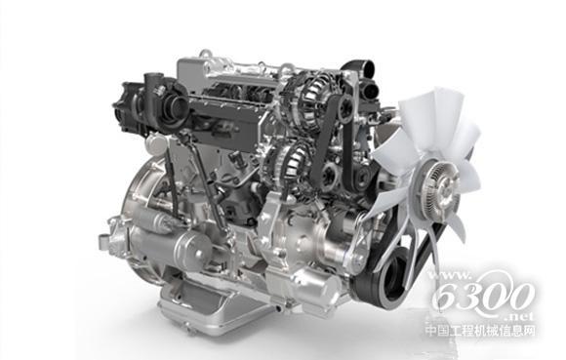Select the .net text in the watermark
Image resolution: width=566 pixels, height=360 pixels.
point(519,317)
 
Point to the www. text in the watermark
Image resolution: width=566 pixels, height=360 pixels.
point(449,276)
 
